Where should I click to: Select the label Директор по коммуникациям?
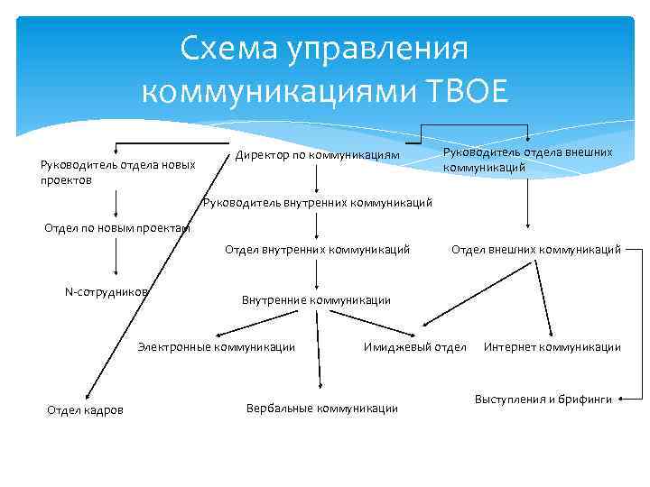(x=317, y=155)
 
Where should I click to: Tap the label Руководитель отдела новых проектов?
(x=117, y=171)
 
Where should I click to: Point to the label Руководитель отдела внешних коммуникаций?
(x=527, y=160)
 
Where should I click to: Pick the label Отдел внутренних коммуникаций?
(x=317, y=248)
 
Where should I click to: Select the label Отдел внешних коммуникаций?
(x=535, y=248)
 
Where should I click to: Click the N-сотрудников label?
(x=107, y=291)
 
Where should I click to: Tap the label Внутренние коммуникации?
(x=316, y=299)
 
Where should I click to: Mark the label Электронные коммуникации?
(x=216, y=346)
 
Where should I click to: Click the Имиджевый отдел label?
(x=414, y=346)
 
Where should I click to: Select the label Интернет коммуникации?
(x=552, y=346)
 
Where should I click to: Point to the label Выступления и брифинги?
(x=543, y=399)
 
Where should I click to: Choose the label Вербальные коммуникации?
(x=321, y=408)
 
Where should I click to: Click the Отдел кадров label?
(x=85, y=411)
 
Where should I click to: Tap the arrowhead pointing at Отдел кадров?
(x=83, y=398)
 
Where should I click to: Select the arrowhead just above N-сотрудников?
(x=116, y=274)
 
